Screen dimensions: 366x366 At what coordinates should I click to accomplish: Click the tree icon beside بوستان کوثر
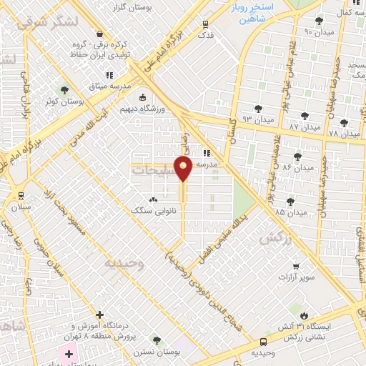point(65,91)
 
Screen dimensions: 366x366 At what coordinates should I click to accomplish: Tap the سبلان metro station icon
point(21,195)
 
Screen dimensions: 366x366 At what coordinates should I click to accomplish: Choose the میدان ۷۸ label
point(344,134)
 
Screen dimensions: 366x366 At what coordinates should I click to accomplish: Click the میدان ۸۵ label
point(290,212)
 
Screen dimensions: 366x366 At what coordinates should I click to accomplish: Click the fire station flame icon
point(305,315)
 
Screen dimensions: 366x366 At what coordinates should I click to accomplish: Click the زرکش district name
point(275,239)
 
